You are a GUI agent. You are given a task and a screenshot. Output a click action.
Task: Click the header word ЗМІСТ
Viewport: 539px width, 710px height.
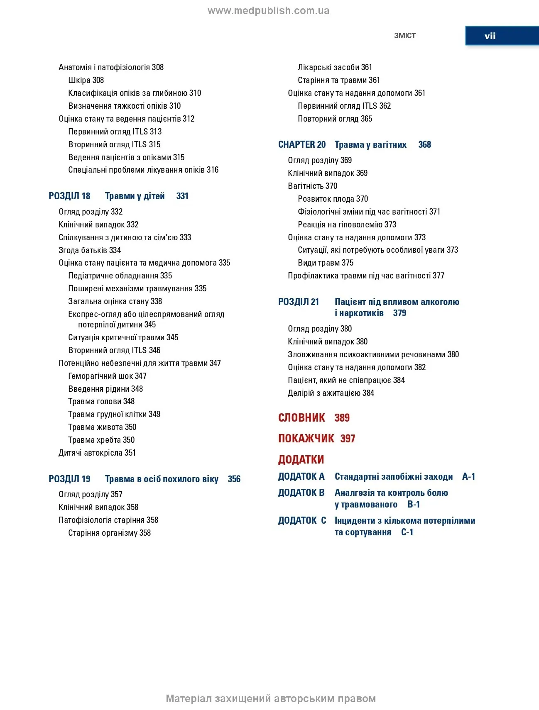click(404, 36)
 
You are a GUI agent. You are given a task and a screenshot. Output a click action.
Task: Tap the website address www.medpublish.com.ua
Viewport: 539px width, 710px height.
click(269, 11)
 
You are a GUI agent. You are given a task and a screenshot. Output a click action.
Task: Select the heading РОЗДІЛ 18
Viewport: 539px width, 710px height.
click(69, 196)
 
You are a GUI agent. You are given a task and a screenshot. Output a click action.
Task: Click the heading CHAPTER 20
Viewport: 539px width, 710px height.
click(302, 145)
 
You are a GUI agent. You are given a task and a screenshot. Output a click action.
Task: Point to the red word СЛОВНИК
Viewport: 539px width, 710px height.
click(301, 418)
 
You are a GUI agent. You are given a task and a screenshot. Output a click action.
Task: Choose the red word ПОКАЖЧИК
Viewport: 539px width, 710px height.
click(306, 439)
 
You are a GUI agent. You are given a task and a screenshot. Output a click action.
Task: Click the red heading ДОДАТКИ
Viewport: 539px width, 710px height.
click(301, 460)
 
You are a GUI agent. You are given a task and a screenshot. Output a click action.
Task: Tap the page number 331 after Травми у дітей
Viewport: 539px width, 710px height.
click(182, 196)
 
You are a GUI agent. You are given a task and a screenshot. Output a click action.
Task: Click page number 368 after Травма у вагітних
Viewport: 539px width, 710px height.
click(424, 145)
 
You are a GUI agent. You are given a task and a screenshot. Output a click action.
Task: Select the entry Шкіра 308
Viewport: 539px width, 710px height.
click(86, 80)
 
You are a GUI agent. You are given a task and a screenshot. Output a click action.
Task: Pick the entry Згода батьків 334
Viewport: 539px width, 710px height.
click(90, 250)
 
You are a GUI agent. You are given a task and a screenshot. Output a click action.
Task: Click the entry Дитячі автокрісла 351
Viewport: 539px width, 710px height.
click(97, 453)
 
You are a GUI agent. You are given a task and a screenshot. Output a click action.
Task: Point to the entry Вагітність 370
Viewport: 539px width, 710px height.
click(312, 186)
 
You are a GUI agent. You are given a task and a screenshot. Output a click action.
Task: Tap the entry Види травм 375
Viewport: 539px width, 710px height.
click(326, 263)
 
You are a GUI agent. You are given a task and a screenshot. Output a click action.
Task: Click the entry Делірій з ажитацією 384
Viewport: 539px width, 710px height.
click(331, 393)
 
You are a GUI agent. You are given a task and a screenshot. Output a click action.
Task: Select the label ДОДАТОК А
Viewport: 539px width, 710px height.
click(301, 477)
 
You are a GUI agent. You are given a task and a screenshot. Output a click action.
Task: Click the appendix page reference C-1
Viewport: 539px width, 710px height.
click(407, 532)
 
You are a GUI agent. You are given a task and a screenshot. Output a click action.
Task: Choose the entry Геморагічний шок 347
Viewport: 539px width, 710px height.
click(107, 376)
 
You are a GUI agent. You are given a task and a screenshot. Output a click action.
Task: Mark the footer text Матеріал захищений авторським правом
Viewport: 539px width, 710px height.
click(271, 699)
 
